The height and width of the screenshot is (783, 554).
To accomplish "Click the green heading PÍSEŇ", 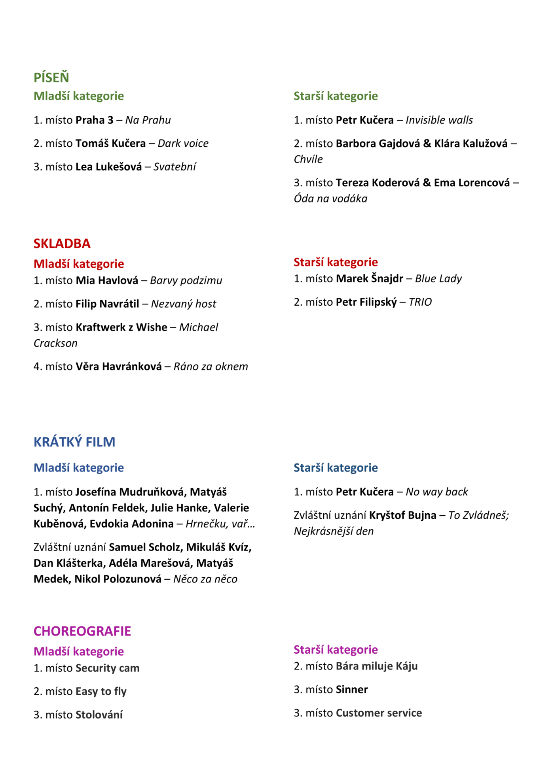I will coord(51,78).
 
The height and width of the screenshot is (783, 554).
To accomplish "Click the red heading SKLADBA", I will coord(62,244).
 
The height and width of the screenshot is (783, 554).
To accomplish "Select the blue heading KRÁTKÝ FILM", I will coord(74,442).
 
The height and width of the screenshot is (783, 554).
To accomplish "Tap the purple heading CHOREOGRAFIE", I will coord(82,631).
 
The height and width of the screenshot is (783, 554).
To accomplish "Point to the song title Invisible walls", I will coord(439,120).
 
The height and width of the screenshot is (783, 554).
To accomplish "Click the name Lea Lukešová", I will coord(108,167).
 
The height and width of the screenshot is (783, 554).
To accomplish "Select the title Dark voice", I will coord(183,144).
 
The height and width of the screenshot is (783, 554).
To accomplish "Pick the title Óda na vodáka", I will coord(330,199).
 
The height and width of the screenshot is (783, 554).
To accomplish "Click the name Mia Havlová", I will coord(107,280).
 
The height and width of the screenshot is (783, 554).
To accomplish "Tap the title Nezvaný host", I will coord(184,304).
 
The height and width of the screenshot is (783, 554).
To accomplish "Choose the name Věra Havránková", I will coord(119,367).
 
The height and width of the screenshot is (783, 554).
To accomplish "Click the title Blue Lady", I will coord(438,279).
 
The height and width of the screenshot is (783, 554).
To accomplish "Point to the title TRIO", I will coord(420,302).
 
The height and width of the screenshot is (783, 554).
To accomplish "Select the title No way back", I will coord(436,492).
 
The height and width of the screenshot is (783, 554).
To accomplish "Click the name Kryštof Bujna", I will coord(402,515).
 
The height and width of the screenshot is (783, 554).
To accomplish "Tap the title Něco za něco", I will coord(205,579).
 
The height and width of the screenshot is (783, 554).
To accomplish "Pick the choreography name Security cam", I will coord(107,668).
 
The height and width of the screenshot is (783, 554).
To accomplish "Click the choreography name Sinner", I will coord(352,690).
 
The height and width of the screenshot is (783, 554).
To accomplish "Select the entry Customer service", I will coord(379,713).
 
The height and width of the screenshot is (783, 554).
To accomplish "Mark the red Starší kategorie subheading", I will coord(336,262).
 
